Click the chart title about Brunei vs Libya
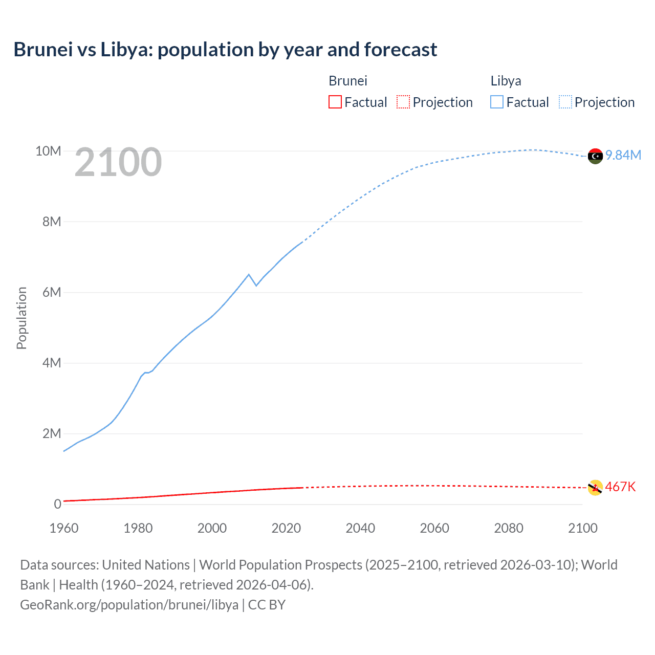click(x=225, y=50)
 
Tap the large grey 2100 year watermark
click(x=118, y=162)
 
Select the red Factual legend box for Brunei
click(x=335, y=102)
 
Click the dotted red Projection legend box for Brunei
click(x=403, y=102)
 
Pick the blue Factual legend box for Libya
click(x=497, y=102)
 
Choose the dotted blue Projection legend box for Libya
click(x=565, y=102)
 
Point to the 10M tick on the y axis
click(x=48, y=151)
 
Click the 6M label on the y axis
click(x=52, y=292)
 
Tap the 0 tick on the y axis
click(x=57, y=504)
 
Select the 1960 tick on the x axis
click(x=64, y=528)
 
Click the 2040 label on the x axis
click(x=360, y=528)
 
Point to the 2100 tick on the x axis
click(x=582, y=528)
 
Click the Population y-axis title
click(x=21, y=318)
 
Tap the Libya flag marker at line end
click(x=595, y=156)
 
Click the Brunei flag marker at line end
click(x=595, y=488)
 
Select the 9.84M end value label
click(x=623, y=155)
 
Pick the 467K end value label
click(x=620, y=487)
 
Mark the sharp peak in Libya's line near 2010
click(x=249, y=275)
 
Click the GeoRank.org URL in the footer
click(x=129, y=604)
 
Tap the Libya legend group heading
click(x=506, y=81)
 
